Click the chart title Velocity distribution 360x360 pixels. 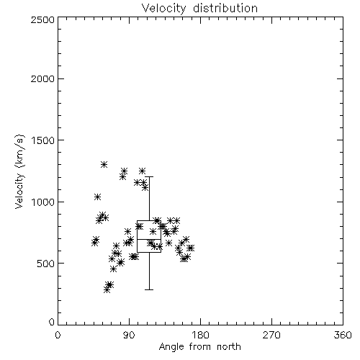(199, 9)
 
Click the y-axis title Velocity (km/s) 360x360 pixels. (19, 171)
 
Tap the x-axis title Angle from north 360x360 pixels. (199, 347)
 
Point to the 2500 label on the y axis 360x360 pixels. (42, 19)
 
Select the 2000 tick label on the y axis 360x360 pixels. (42, 78)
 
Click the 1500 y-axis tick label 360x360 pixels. (42, 140)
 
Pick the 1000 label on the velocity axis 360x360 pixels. (42, 202)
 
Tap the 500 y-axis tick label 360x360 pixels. (46, 264)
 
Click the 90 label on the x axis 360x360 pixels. (129, 335)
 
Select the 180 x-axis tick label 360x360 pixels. (200, 335)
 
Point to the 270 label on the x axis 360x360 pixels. (271, 335)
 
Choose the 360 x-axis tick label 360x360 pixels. (343, 335)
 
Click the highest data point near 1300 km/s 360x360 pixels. (104, 165)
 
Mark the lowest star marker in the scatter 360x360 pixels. (107, 290)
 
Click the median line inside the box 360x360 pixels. (149, 239)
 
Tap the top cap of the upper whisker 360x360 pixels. (149, 177)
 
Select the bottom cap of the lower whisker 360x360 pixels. (149, 289)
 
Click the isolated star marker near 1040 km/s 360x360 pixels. (97, 197)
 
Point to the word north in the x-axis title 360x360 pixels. (229, 347)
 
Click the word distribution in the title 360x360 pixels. (225, 9)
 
